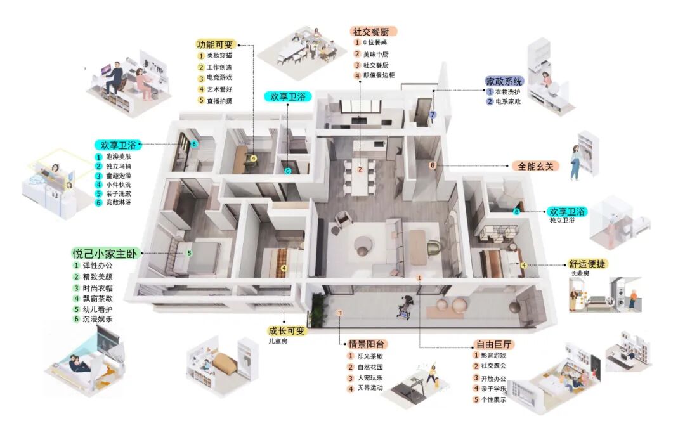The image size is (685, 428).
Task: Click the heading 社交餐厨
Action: (374, 31)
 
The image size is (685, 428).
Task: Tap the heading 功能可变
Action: (215, 44)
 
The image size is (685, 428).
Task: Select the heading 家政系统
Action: (504, 82)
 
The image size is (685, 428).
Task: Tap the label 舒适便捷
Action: (585, 263)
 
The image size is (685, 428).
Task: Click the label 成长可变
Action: (286, 331)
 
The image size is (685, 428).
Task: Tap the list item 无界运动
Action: (370, 387)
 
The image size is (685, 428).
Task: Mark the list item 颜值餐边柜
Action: (379, 75)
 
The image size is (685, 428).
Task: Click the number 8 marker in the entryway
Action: (433, 166)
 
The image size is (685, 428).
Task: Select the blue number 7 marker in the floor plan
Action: (433, 115)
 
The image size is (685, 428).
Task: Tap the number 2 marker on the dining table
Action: (359, 169)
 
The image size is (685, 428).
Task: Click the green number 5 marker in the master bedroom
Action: (189, 252)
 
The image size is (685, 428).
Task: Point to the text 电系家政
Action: (508, 101)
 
